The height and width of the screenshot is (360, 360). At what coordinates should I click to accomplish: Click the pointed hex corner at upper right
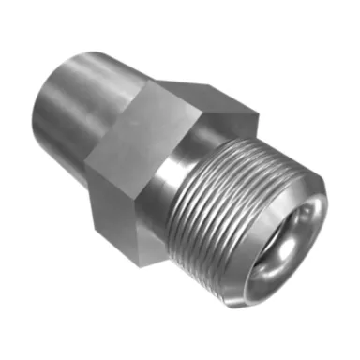pyautogui.click(x=255, y=114)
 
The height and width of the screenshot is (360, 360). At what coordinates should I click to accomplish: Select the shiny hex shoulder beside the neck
pyautogui.click(x=169, y=178)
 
